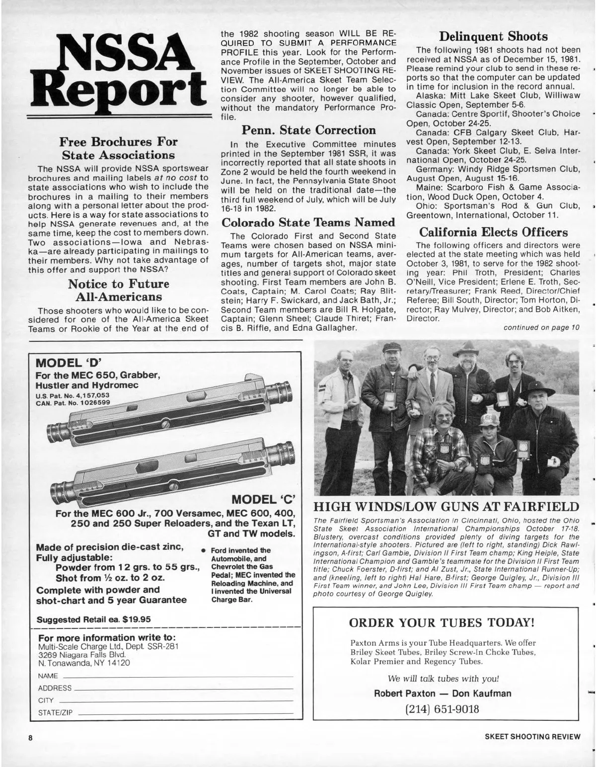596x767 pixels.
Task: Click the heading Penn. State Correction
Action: pos(308,131)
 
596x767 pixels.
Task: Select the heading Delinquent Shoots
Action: pos(493,37)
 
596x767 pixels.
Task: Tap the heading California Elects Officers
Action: pos(493,232)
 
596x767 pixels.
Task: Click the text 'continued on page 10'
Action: pos(541,327)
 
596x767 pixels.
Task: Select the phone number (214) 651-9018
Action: pos(443,708)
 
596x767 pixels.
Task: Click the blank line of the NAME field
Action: pos(176,676)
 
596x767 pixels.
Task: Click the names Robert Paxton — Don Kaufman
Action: pos(443,693)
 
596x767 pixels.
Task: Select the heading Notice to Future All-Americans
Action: pos(118,291)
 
